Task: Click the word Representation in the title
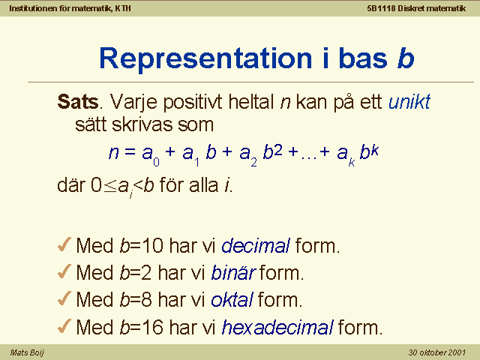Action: (x=205, y=58)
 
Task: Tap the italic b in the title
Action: (x=406, y=58)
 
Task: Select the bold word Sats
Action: (x=78, y=102)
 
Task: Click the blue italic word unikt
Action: (x=409, y=101)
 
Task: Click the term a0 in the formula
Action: (x=151, y=154)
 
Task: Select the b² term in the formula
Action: (x=272, y=151)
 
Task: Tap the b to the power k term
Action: (x=369, y=151)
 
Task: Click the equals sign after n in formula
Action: (x=130, y=151)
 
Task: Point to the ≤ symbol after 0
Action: (x=110, y=186)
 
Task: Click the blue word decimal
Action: (x=256, y=245)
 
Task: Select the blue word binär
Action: (x=233, y=272)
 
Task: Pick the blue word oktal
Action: (x=232, y=299)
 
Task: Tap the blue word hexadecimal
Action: (x=277, y=327)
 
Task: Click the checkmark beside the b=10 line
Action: (x=64, y=244)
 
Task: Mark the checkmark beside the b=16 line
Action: (x=64, y=326)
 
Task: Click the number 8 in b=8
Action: (x=146, y=299)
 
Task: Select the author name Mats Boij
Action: (x=27, y=352)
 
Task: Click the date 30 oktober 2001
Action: (x=436, y=352)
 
